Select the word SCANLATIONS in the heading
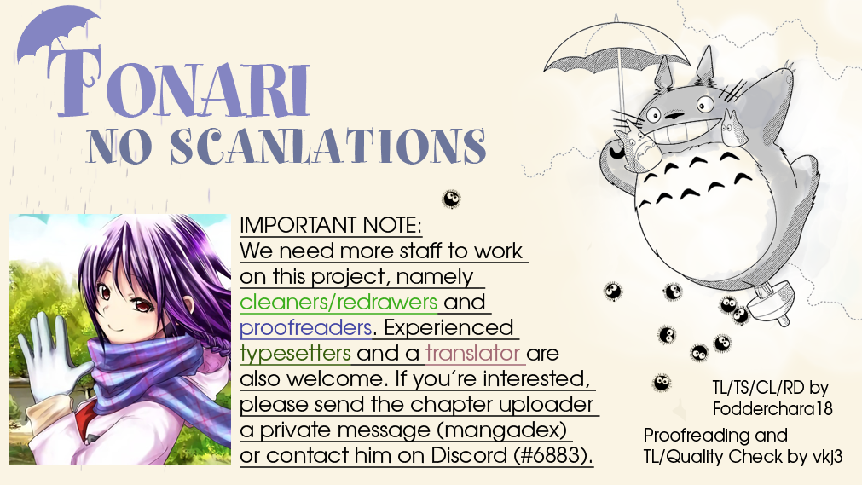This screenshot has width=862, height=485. pyautogui.click(x=327, y=147)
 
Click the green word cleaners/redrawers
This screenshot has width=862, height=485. pyautogui.click(x=338, y=302)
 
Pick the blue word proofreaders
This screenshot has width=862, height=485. pyautogui.click(x=305, y=327)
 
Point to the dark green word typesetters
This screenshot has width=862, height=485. pyautogui.click(x=295, y=354)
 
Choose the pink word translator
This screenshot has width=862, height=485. pyautogui.click(x=473, y=353)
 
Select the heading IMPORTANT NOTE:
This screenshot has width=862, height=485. pyautogui.click(x=331, y=225)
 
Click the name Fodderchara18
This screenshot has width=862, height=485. pyautogui.click(x=772, y=408)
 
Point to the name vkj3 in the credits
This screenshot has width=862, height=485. pyautogui.click(x=827, y=457)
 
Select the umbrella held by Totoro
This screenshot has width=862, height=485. pyautogui.click(x=616, y=55)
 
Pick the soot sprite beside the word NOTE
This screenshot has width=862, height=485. pyautogui.click(x=451, y=199)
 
